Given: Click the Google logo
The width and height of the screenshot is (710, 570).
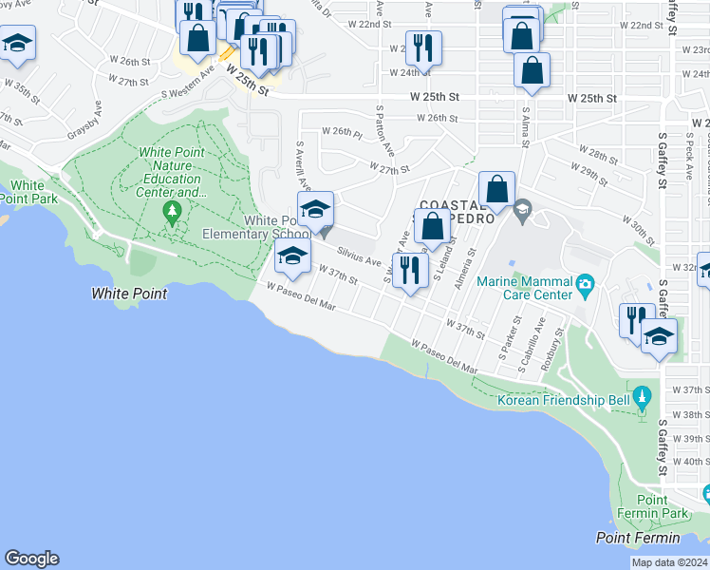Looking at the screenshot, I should click(31, 559).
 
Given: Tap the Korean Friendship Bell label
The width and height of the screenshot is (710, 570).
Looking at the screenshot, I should click(563, 400).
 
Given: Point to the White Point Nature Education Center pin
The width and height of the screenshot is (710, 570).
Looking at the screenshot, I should click(172, 210).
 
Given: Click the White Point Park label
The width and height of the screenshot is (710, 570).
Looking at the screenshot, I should click(28, 192).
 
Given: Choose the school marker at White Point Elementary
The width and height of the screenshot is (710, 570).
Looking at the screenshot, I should click(315, 209).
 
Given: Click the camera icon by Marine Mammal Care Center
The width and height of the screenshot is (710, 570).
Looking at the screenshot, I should click(586, 283).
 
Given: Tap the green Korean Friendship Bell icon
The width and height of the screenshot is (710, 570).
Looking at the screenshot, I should click(643, 393).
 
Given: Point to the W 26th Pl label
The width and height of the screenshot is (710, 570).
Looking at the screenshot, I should click(342, 132).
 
